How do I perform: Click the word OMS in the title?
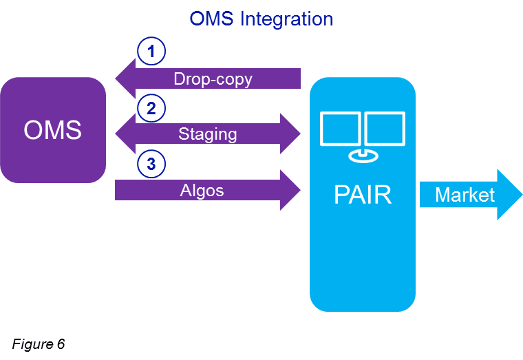pyautogui.click(x=211, y=19)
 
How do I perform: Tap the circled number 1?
pyautogui.click(x=151, y=51)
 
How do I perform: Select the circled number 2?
pyautogui.click(x=151, y=107)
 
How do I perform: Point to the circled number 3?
pyautogui.click(x=151, y=163)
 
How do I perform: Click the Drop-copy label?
pyautogui.click(x=213, y=79)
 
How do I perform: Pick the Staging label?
pyautogui.click(x=207, y=134)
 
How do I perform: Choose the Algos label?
pyautogui.click(x=202, y=190)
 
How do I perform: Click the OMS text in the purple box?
pyautogui.click(x=52, y=130)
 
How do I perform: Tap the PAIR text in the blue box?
pyautogui.click(x=362, y=195)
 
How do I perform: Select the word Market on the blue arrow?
pyautogui.click(x=465, y=195)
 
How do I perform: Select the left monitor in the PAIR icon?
pyautogui.click(x=341, y=129)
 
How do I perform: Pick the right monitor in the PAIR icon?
pyautogui.click(x=385, y=129)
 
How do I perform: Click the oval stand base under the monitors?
pyautogui.click(x=363, y=156)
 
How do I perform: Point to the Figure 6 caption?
pyautogui.click(x=39, y=344)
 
